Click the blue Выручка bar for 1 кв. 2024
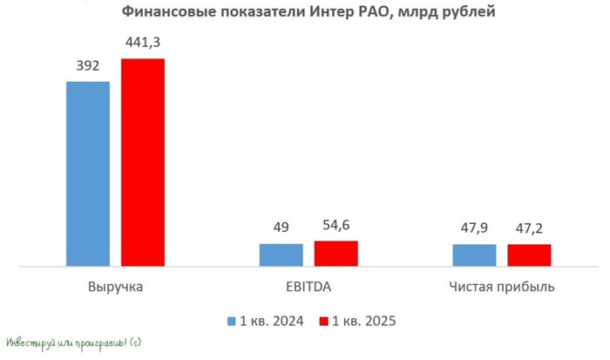(x=88, y=173)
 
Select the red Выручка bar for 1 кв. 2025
(x=143, y=161)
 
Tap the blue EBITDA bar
(x=281, y=255)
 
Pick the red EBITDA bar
(x=335, y=253)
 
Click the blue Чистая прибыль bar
(x=474, y=255)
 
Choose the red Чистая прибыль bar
(x=529, y=255)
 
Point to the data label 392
(x=88, y=65)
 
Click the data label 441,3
(x=143, y=42)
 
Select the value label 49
(x=281, y=228)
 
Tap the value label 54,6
(x=335, y=225)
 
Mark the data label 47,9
(x=474, y=228)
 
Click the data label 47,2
(x=529, y=228)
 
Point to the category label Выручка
(x=116, y=287)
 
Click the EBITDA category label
(x=308, y=287)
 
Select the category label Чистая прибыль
(x=502, y=287)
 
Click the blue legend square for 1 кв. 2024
(x=232, y=322)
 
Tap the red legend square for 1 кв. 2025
(x=324, y=322)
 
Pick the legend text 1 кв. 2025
(x=364, y=322)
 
